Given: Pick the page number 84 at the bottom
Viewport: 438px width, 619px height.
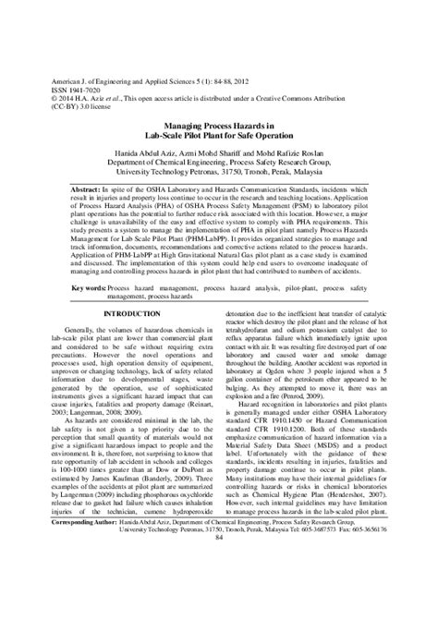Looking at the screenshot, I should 219,590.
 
